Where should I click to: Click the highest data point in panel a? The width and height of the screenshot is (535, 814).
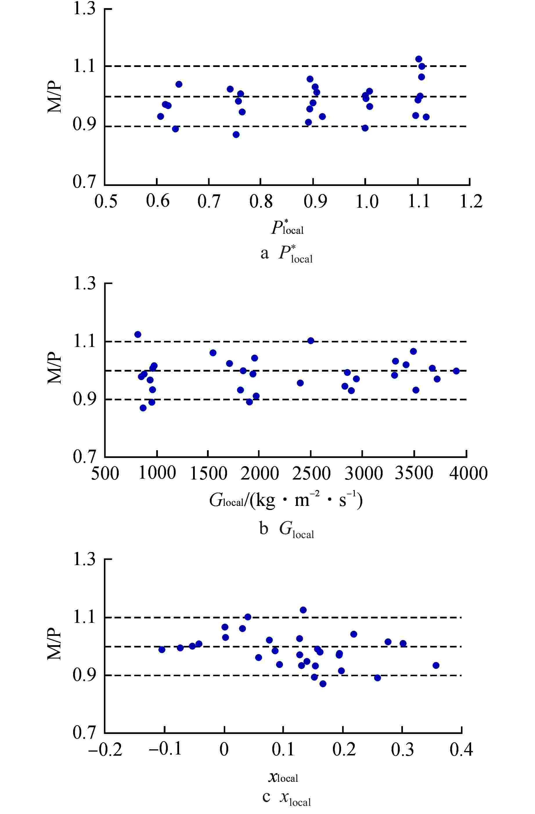[418, 59]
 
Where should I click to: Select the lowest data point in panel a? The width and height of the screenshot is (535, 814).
[236, 134]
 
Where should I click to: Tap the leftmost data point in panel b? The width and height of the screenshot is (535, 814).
[138, 334]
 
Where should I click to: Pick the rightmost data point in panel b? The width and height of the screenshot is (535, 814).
[456, 371]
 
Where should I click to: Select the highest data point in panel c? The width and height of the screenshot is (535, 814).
[303, 610]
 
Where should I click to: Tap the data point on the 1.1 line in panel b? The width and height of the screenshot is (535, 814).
[310, 341]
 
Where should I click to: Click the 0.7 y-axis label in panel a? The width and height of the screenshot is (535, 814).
[84, 182]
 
